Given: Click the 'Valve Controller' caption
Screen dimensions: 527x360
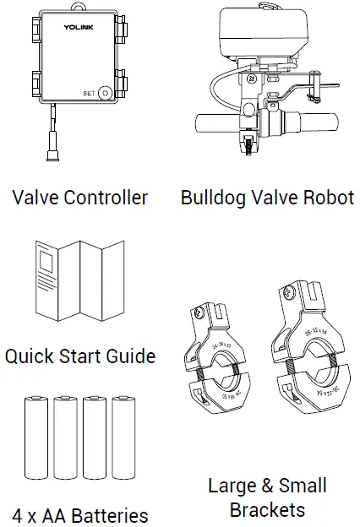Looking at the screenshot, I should (80, 198).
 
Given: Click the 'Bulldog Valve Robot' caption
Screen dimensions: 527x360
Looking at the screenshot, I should (267, 198).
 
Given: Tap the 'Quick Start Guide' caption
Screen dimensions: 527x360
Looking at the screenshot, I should (80, 356).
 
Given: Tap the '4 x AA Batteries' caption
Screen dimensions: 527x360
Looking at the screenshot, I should (80, 514).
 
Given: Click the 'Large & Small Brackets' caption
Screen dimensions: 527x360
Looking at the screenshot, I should (267, 497).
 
